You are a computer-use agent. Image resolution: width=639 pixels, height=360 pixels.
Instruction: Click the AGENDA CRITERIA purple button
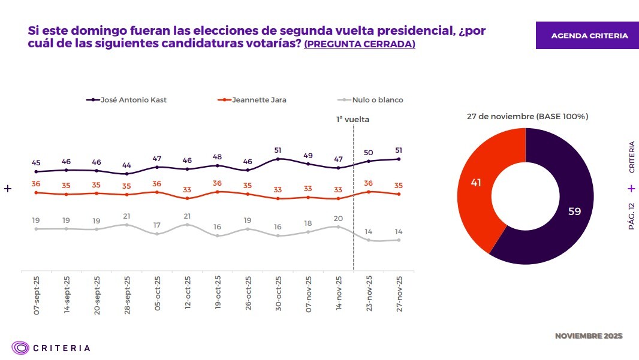[x=589, y=36]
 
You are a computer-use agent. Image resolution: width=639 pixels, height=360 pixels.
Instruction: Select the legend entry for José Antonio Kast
[x=126, y=100]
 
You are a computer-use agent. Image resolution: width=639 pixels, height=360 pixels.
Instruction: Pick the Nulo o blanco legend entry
[x=370, y=100]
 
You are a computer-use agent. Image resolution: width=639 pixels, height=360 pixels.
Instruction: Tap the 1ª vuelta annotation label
[x=352, y=119]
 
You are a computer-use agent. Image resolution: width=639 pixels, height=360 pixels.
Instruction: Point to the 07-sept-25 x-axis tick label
[x=37, y=296]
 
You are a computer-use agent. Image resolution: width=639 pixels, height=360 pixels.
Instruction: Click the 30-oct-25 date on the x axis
[x=278, y=296]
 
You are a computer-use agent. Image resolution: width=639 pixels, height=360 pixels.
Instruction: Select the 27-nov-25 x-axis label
[x=399, y=296]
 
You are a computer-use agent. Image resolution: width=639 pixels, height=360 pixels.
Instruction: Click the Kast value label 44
[x=126, y=165]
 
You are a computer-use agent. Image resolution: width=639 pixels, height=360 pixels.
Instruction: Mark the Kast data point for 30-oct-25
[x=278, y=159]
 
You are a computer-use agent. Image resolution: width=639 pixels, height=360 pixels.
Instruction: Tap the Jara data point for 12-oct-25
[x=188, y=198]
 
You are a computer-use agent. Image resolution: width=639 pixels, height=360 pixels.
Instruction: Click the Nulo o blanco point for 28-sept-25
[x=126, y=225]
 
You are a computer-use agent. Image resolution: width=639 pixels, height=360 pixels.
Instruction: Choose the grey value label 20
[x=338, y=218]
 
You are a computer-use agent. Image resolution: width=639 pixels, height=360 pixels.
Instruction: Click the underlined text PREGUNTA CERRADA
[x=360, y=45]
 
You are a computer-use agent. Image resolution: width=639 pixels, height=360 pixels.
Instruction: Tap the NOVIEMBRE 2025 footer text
[x=589, y=336]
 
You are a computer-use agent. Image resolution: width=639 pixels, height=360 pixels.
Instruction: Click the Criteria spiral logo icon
[x=21, y=347]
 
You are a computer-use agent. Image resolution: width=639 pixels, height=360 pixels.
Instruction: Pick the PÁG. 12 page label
[x=631, y=216]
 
